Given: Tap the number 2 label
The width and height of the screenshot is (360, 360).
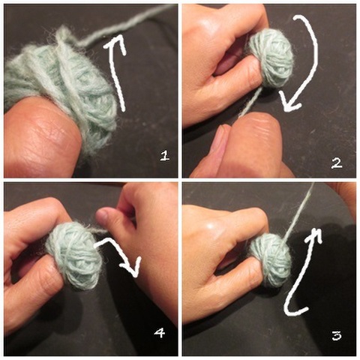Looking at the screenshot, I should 336,162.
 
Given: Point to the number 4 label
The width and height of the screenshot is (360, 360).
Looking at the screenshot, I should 159,332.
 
